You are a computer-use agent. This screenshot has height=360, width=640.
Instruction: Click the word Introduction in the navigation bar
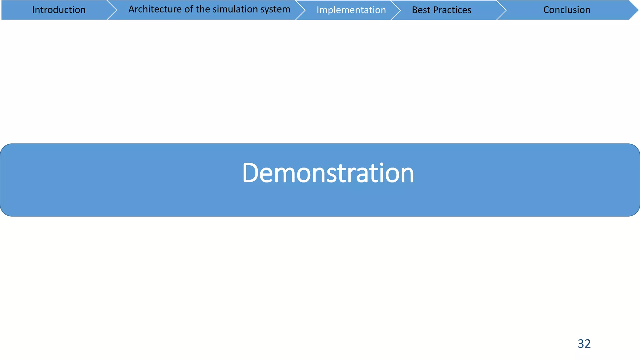[x=59, y=10]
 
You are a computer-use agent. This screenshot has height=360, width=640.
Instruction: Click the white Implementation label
[x=351, y=10]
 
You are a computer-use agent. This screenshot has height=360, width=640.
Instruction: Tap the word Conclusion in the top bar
[x=567, y=10]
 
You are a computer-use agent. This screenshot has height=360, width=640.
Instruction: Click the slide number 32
[x=584, y=344]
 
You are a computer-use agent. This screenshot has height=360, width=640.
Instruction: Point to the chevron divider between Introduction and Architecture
[x=112, y=10]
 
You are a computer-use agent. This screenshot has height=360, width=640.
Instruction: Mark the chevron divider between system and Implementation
[x=301, y=10]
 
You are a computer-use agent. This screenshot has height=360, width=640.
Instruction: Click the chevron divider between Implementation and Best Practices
[x=396, y=10]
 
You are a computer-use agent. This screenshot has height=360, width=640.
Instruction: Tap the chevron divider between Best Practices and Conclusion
[x=502, y=10]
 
